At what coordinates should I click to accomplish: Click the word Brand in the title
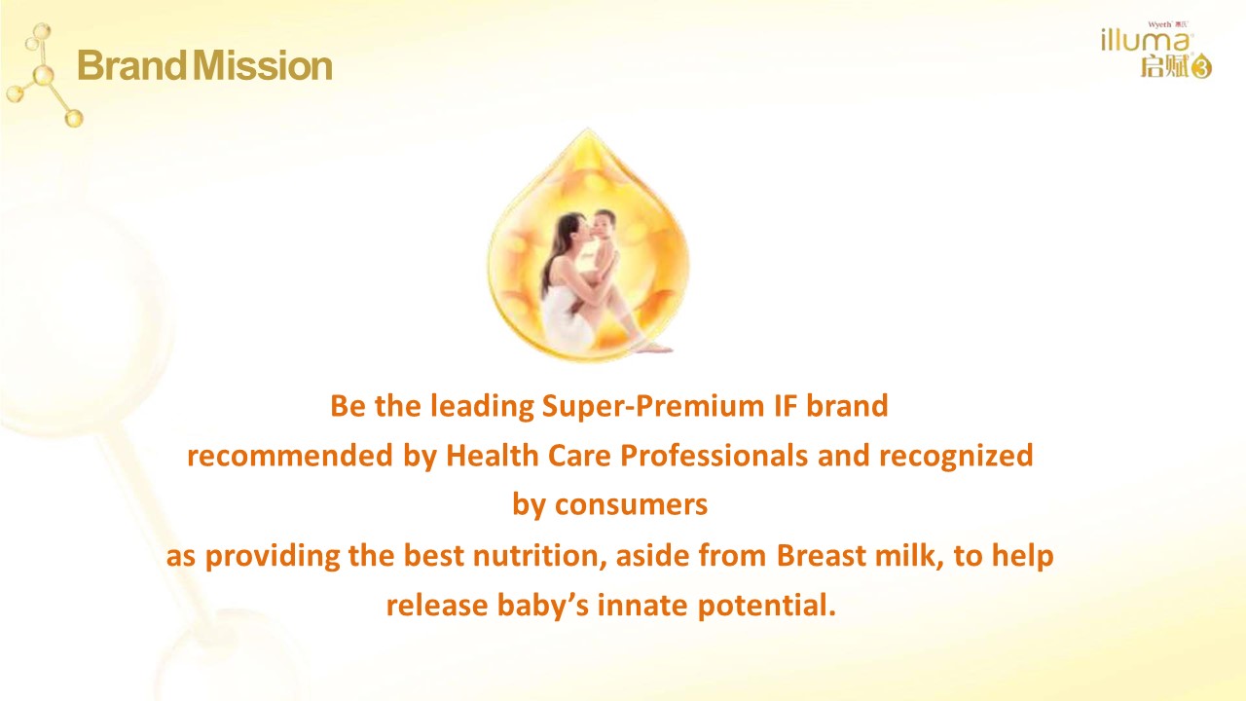[x=131, y=65]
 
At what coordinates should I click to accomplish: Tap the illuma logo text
[x=1145, y=41]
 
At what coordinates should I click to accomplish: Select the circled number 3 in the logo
[x=1201, y=68]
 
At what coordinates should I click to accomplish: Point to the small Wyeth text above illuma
[x=1159, y=24]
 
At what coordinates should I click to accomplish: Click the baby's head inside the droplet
[x=603, y=223]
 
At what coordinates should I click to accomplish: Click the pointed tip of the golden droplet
[x=587, y=129]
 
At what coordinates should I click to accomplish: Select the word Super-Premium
[x=653, y=406]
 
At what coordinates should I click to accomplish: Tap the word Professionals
[x=715, y=455]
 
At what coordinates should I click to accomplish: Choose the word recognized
[x=956, y=457]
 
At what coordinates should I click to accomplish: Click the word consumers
[x=632, y=505]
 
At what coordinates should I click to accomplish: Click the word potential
[x=766, y=607]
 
